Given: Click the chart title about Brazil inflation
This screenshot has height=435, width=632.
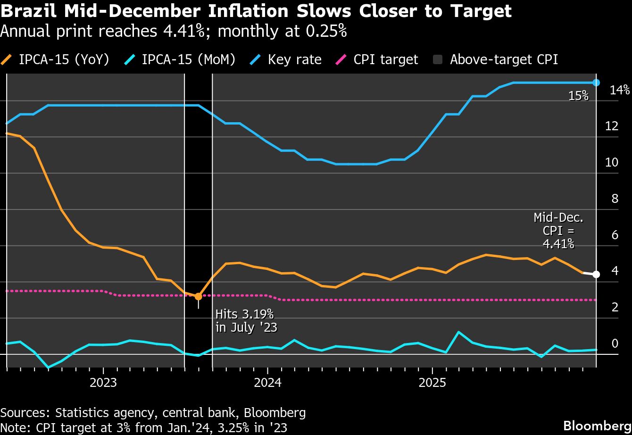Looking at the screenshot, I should (256, 10).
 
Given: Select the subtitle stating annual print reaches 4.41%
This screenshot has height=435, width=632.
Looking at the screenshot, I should (174, 31).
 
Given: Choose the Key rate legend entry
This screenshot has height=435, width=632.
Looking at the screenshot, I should (287, 59).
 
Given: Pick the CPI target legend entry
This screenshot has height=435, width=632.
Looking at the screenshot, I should (378, 59).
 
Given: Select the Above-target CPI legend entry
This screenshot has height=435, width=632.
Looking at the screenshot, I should (495, 59).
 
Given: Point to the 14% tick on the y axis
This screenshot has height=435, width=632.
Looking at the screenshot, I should (619, 90).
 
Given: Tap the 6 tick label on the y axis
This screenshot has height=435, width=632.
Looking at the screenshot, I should (615, 235).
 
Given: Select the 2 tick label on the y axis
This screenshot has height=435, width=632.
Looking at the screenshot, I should (615, 307).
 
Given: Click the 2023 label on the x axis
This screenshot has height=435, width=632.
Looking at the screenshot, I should (103, 382).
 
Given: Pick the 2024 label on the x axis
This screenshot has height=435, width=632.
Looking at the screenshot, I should (267, 382).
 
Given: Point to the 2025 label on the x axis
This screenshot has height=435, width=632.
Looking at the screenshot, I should (432, 382).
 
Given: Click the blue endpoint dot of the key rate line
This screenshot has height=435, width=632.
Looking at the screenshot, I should (596, 83).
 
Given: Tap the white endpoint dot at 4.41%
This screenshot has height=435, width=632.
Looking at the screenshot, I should (596, 274).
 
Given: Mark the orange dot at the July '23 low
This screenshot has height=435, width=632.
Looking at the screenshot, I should (198, 296).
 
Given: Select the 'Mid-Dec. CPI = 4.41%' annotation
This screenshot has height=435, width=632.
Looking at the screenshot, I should (558, 231).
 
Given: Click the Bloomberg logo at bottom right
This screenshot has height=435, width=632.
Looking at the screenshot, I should (597, 424).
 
